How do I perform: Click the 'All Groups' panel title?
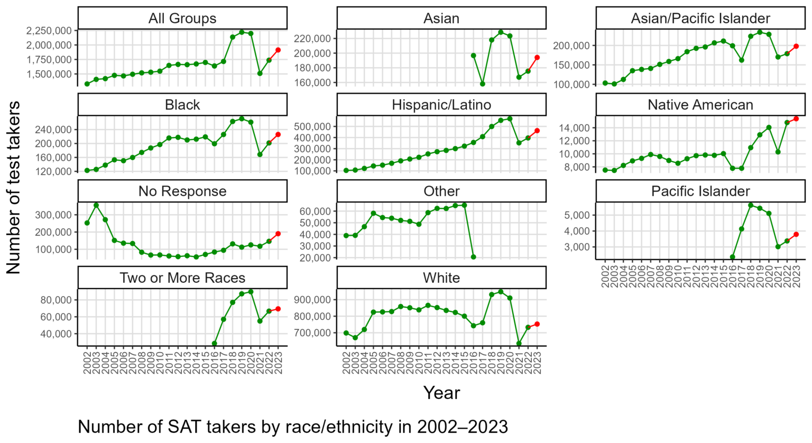[182, 19]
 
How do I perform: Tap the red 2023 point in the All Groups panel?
[278, 50]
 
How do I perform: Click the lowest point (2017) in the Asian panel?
[482, 84]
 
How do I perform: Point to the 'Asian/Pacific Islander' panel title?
[700, 19]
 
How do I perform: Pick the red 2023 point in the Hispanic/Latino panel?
[537, 131]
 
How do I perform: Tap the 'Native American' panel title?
[700, 105]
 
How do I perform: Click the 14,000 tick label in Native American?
[572, 128]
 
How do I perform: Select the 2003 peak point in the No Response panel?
[96, 205]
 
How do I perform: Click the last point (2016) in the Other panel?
[473, 257]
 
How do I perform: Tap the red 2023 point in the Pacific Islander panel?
[796, 234]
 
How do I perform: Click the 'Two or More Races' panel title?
[182, 278]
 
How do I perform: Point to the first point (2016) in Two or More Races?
[214, 344]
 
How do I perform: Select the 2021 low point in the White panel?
[519, 344]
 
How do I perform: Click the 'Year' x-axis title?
[441, 393]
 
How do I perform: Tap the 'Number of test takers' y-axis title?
[13, 188]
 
